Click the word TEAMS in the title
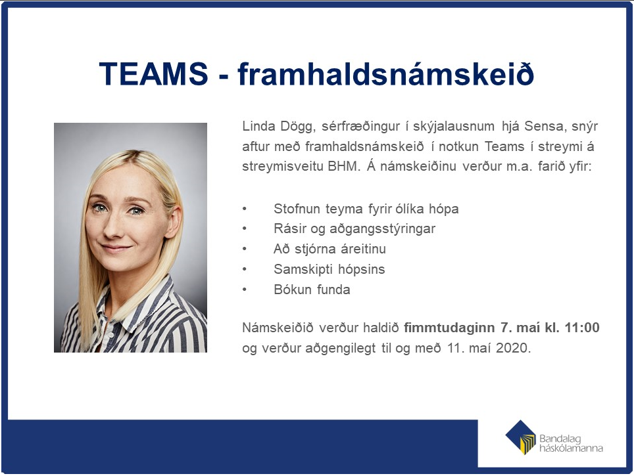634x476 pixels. point(154,74)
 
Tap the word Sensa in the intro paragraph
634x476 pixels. point(544,126)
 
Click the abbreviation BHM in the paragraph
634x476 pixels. point(343,166)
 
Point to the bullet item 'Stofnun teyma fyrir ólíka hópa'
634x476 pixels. point(366,209)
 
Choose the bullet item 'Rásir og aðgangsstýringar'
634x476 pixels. point(354,229)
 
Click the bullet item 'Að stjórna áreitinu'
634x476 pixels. point(329,249)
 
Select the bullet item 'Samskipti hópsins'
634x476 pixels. point(329,269)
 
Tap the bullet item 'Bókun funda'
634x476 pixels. point(312,290)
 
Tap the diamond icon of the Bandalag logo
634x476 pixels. point(520,437)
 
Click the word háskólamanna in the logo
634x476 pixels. point(571,448)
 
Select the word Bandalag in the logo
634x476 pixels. point(560,439)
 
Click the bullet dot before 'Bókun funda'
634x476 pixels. point(245,290)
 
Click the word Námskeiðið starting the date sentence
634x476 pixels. point(278,328)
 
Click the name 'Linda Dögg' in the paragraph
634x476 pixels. point(278,127)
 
